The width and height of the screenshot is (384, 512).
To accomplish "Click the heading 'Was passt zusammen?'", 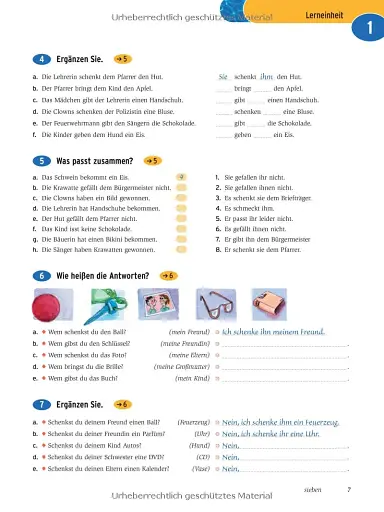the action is click(95, 160).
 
